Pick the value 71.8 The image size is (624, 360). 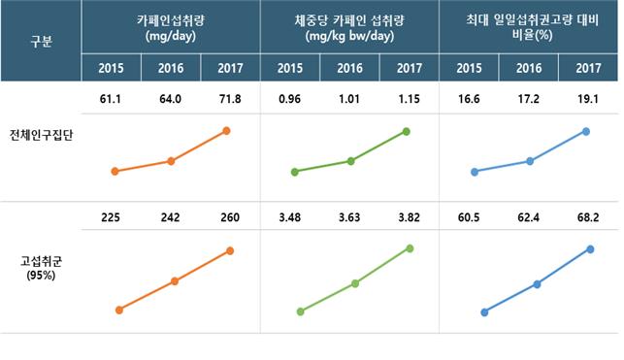pos(229,99)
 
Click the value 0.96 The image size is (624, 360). pos(291,99)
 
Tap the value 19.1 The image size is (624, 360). pos(587,99)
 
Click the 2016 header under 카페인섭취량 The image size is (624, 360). pos(171,68)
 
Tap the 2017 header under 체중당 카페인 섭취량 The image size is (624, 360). pos(409,68)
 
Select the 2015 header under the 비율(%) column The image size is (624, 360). pos(470,68)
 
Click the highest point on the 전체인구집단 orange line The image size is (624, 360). pos(227,130)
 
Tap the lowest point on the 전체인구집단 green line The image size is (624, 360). pos(294,173)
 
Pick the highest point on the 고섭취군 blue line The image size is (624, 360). pos(591,249)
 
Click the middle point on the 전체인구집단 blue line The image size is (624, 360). pos(530,161)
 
